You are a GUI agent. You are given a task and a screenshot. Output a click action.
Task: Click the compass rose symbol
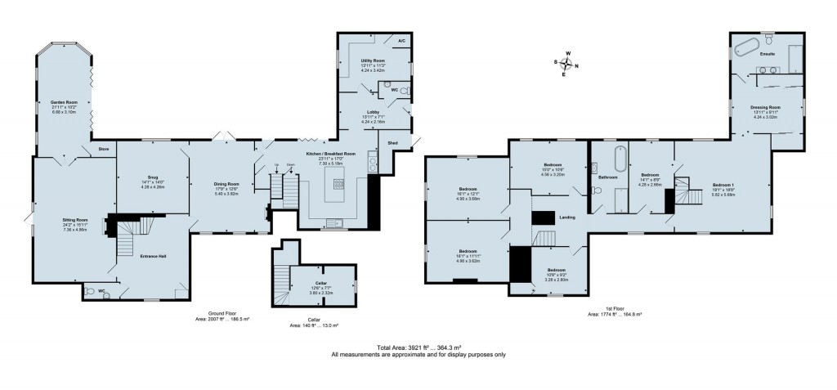tap(565, 62)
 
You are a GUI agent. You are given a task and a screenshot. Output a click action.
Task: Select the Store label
tap(104, 150)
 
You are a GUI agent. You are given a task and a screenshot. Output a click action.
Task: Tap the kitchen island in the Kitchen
tap(335, 191)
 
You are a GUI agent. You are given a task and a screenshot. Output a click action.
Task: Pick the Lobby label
tap(373, 111)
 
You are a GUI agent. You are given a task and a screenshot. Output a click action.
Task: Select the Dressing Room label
tap(766, 107)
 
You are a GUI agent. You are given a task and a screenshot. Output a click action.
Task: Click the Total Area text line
tap(418, 347)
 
